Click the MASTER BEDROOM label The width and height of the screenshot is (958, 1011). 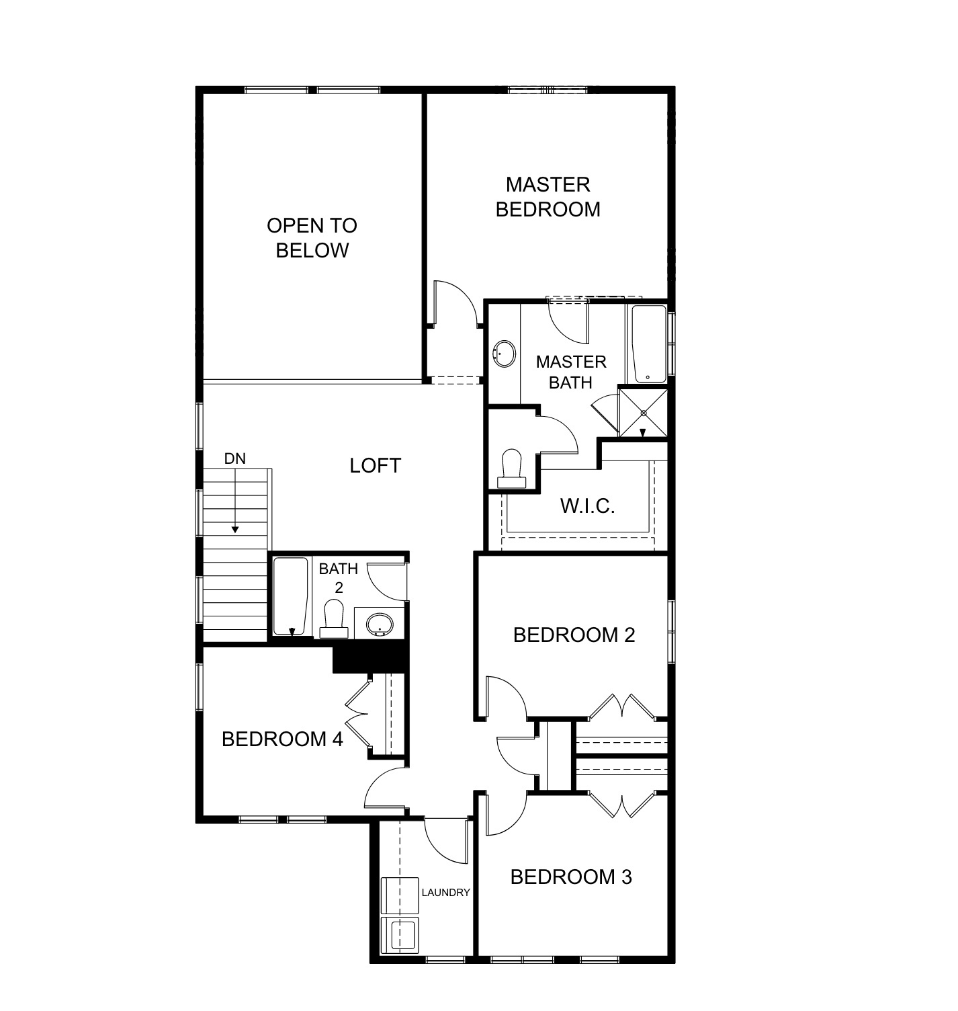548,197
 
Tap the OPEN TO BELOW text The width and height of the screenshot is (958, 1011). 312,238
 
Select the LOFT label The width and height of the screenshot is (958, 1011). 375,465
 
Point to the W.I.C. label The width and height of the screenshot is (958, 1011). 587,506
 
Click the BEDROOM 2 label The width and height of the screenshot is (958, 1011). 574,635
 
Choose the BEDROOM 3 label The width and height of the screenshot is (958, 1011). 571,877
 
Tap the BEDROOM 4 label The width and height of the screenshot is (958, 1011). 282,739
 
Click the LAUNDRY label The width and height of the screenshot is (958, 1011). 445,893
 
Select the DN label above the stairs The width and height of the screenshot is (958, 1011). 235,458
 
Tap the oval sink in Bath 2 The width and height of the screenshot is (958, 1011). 380,624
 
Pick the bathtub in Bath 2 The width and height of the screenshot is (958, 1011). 291,595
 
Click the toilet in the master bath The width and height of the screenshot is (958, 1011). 512,468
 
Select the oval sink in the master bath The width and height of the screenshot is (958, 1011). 505,354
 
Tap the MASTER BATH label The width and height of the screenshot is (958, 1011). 570,372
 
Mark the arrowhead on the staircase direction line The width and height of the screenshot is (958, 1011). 235,530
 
